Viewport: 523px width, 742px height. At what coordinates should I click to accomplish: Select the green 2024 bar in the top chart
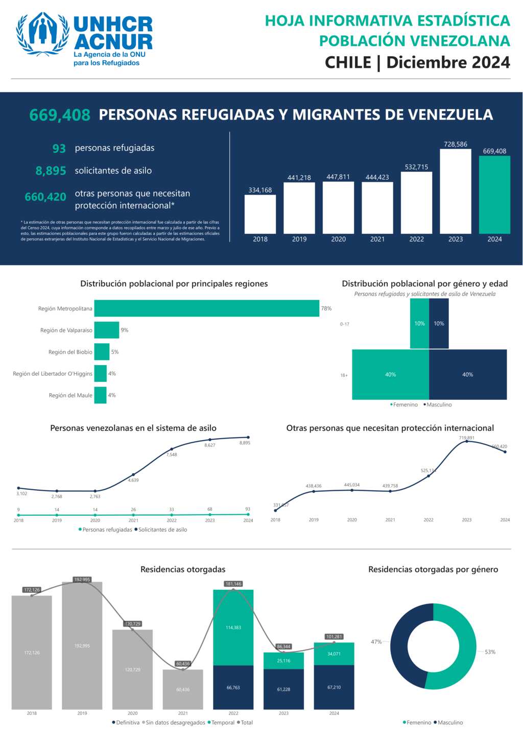pos(494,195)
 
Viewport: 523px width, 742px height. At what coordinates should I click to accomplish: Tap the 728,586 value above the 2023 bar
pos(456,145)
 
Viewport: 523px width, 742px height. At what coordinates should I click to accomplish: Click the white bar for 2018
pos(260,214)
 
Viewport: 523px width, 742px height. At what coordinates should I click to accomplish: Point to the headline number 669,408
pos(60,115)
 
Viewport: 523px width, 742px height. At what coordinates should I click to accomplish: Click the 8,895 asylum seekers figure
pos(51,171)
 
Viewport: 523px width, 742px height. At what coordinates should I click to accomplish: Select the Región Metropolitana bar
pos(207,308)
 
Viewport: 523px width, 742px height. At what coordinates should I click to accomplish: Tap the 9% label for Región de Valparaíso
pos(125,330)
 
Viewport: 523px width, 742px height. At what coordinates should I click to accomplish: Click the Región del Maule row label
pos(70,395)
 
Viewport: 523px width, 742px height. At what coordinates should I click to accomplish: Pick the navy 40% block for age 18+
pos(468,374)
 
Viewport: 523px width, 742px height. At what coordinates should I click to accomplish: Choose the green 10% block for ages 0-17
pos(419,323)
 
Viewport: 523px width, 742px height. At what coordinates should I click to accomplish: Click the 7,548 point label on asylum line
pos(172,454)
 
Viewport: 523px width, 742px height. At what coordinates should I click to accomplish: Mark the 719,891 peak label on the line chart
pos(466,438)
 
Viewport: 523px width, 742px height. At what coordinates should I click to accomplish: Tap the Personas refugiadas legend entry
pos(105,530)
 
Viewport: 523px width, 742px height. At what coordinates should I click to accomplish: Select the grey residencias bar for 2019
pos(82,645)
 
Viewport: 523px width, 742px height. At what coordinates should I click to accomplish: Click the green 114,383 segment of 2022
pos(233,628)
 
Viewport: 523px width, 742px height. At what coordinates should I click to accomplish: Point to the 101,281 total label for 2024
pos(334,637)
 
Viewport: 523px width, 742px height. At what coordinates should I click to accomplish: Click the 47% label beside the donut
pos(376,642)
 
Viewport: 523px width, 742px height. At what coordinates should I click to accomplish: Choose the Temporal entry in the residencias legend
pos(221,723)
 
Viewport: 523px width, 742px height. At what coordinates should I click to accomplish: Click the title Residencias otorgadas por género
pos(433,569)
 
